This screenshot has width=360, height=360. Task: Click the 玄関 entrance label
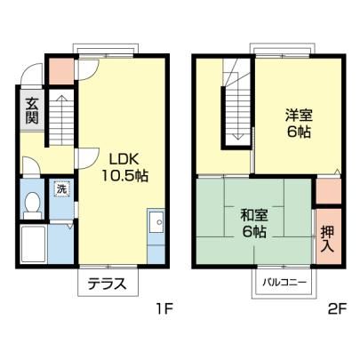tap(32, 110)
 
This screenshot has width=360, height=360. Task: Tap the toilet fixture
tap(32, 205)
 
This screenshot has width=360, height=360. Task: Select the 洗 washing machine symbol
tap(61, 189)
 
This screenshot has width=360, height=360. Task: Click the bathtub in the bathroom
tap(33, 244)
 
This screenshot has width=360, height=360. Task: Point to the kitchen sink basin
tap(156, 222)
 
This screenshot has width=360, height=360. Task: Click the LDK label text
tap(124, 160)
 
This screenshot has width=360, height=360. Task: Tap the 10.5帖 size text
tap(124, 176)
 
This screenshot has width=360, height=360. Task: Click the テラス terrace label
tap(108, 284)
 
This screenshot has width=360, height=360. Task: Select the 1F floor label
tap(164, 309)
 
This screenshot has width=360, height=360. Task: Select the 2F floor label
tap(338, 309)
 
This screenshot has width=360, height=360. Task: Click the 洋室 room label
tap(299, 116)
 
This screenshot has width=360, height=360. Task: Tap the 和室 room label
tap(254, 215)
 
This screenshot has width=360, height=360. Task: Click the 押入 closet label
tap(328, 239)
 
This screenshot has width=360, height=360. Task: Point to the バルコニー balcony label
tap(284, 283)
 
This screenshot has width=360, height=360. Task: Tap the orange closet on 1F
tap(61, 71)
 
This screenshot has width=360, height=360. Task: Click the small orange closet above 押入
tap(329, 192)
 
